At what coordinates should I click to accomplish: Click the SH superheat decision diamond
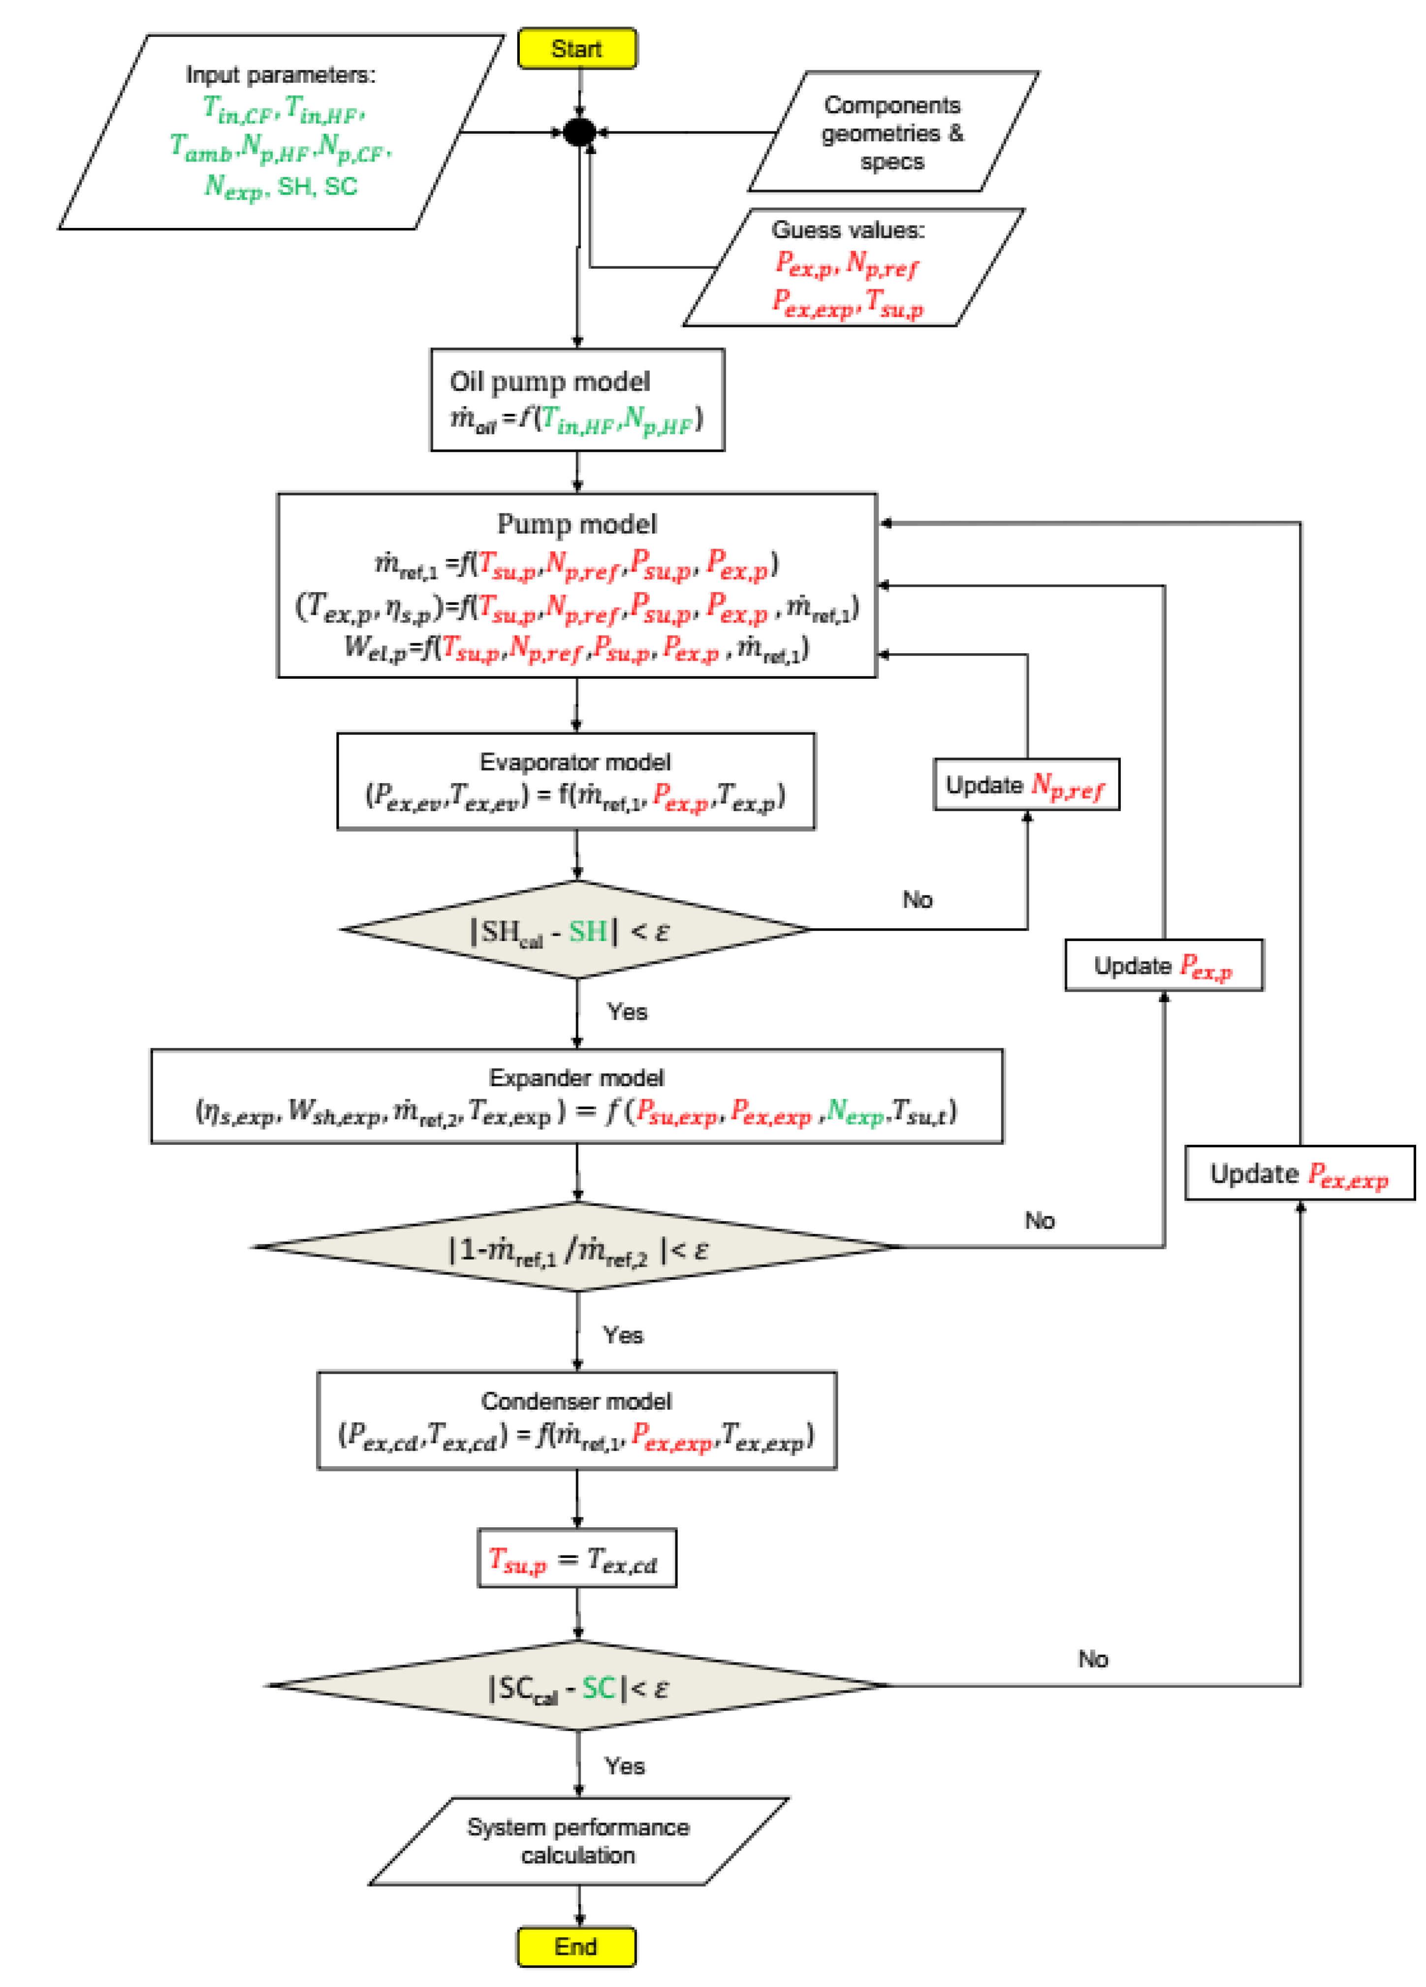coord(575,930)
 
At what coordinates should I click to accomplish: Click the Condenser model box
coord(576,1420)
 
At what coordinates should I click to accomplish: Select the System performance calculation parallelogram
coord(578,1841)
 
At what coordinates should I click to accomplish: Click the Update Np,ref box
coord(1026,784)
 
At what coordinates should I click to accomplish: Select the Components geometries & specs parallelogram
coord(892,132)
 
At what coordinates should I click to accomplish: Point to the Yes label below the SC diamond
coord(625,1766)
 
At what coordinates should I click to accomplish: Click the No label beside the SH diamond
coord(917,900)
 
